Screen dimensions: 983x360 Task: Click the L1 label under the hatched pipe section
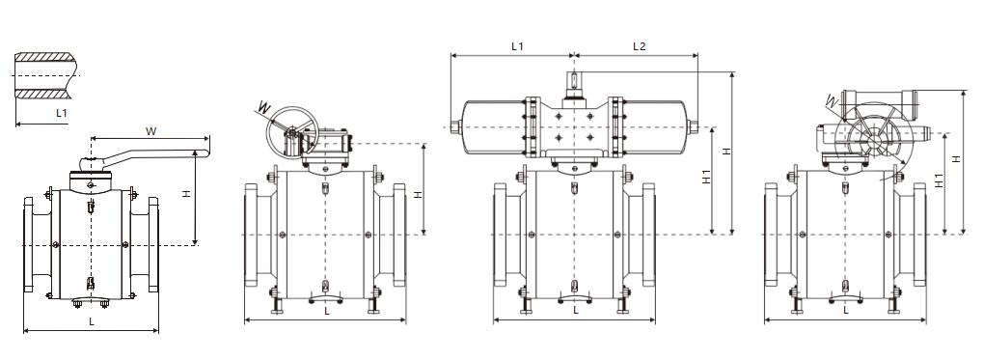[62, 114]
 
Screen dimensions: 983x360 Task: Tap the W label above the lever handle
[150, 131]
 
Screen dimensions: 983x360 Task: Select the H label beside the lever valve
[186, 194]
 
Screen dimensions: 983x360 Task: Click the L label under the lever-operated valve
[92, 321]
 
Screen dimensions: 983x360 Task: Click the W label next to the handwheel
[264, 107]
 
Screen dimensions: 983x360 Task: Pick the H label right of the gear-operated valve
[419, 194]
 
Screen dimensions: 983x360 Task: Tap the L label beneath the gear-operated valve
[326, 311]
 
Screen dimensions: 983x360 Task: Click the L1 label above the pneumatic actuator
[517, 45]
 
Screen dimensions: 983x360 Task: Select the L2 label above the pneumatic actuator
[639, 45]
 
